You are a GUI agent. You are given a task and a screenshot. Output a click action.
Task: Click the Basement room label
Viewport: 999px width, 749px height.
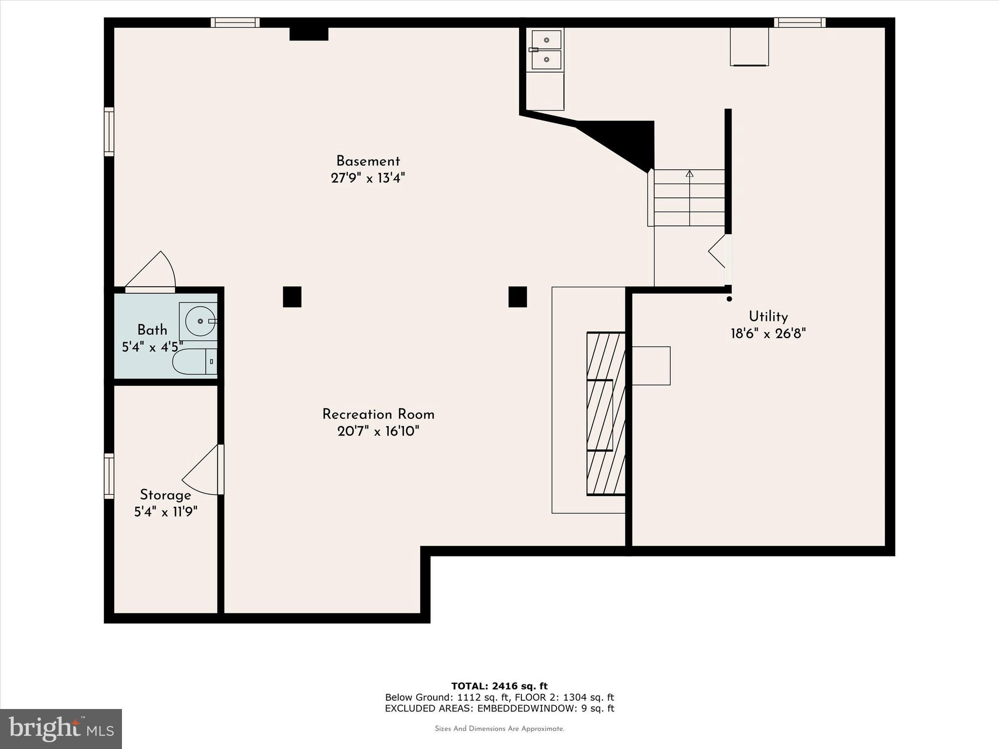click(x=368, y=161)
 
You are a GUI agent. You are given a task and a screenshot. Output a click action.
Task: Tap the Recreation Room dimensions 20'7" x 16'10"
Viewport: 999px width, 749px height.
click(x=378, y=431)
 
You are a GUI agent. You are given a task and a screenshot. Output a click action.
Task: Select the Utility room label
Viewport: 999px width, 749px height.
click(x=768, y=317)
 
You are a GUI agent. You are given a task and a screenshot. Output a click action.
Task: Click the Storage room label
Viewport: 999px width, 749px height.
click(x=165, y=495)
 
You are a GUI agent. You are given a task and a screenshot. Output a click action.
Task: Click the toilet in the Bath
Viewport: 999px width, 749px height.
click(x=194, y=361)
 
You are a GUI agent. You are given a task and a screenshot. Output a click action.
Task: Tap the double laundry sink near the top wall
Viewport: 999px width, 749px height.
click(x=546, y=49)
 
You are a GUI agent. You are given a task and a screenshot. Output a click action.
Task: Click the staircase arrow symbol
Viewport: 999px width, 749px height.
click(x=689, y=174)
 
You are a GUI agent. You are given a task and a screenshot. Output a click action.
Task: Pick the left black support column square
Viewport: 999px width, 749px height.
click(x=292, y=296)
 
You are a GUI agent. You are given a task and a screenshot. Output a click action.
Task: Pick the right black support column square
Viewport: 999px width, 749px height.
click(x=518, y=296)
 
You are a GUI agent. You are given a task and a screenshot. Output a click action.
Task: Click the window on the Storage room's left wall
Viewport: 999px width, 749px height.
click(x=109, y=476)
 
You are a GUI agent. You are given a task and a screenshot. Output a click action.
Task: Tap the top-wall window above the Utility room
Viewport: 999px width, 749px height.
click(x=799, y=22)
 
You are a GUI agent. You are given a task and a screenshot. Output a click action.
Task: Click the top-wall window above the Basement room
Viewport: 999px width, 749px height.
click(x=235, y=22)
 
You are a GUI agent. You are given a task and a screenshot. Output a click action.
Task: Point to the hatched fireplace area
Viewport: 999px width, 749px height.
click(x=605, y=414)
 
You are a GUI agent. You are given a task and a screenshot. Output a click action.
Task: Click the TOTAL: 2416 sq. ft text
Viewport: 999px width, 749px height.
click(x=499, y=686)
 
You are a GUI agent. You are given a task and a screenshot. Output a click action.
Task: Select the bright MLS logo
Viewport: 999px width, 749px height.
click(x=61, y=729)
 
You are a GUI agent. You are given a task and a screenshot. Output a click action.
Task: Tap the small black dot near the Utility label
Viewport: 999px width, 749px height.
click(x=729, y=299)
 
